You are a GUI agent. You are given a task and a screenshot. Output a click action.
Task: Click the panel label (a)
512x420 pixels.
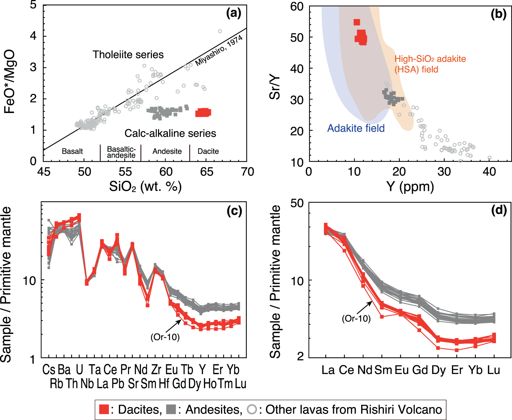[234, 14]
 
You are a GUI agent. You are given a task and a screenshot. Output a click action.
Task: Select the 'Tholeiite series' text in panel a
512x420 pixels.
[128, 55]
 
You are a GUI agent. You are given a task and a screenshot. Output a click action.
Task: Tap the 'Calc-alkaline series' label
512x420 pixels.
[170, 133]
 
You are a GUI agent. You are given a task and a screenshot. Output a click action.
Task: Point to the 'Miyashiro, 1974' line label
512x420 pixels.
[218, 51]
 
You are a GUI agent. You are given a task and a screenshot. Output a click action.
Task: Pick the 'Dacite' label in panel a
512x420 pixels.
[208, 151]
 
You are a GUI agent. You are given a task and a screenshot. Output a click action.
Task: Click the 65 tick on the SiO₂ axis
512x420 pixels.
[207, 172]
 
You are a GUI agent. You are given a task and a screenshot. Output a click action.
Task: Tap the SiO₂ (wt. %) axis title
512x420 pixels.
[145, 187]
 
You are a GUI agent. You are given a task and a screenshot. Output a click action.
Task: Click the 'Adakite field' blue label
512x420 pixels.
[356, 128]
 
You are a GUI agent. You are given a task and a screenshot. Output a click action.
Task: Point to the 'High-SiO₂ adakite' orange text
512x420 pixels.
[430, 59]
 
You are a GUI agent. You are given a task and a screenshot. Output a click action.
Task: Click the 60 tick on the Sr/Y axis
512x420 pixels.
[297, 6]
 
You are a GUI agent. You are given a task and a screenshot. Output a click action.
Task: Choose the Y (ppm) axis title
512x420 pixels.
[410, 187]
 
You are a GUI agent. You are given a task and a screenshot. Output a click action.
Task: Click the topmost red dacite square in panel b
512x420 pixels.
[357, 22]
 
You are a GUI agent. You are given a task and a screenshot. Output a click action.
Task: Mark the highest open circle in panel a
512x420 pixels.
[220, 31]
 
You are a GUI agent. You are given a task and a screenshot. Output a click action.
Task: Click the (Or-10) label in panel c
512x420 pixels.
[165, 337]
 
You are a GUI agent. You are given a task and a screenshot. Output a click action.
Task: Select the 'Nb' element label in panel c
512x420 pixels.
[87, 384]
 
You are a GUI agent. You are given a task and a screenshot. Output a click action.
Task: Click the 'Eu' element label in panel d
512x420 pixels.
[402, 370]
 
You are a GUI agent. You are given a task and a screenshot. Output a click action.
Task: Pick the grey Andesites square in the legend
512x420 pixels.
[171, 409]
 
